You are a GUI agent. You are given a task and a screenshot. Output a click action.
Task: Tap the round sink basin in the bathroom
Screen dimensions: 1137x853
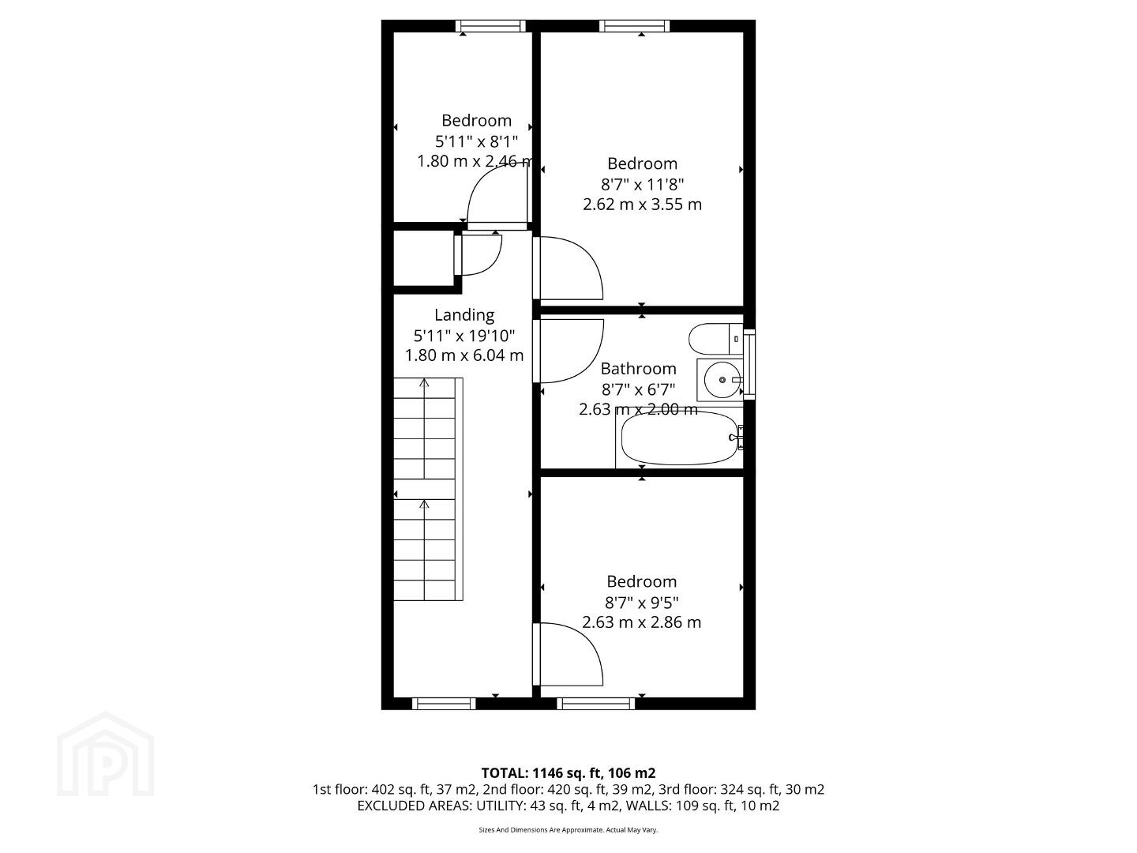click(722, 380)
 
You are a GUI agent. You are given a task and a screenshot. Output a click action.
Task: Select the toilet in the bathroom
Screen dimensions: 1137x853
click(716, 339)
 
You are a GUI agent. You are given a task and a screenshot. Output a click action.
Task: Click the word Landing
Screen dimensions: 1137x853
click(464, 315)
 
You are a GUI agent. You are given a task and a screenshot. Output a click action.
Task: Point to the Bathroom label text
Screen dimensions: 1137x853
click(638, 368)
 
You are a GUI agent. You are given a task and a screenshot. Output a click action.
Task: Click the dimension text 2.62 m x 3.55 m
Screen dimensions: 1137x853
click(642, 204)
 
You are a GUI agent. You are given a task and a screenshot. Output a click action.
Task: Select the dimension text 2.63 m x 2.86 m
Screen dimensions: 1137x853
click(641, 622)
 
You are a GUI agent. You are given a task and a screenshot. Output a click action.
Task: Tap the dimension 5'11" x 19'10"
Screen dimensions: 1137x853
click(464, 336)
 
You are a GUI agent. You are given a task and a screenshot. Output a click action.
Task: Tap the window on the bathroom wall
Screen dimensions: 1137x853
click(749, 364)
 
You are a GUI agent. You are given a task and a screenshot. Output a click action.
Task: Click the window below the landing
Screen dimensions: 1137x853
click(444, 703)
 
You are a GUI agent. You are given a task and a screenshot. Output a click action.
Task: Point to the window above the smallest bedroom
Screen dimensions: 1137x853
click(491, 26)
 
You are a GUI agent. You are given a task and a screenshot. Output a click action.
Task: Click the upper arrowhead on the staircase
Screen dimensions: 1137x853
click(424, 383)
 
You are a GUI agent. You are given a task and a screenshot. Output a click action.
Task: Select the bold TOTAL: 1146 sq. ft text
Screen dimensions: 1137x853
click(543, 773)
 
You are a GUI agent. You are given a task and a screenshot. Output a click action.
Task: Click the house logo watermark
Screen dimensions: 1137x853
click(105, 754)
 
